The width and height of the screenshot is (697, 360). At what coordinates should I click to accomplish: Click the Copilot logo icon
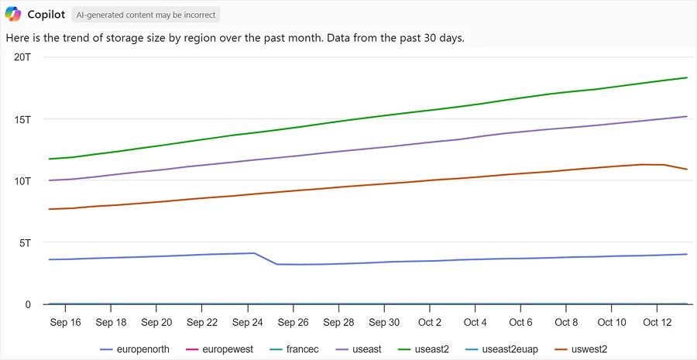(13, 14)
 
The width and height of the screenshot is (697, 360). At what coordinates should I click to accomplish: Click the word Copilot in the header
(46, 15)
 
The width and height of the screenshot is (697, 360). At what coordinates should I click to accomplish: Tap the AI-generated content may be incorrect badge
(146, 15)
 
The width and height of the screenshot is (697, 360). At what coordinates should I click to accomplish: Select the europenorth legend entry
(135, 349)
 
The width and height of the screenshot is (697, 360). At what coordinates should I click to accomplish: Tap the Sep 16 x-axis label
(65, 322)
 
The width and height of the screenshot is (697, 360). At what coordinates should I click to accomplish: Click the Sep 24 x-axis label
(247, 322)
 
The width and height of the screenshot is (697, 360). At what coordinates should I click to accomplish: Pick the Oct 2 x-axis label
(429, 322)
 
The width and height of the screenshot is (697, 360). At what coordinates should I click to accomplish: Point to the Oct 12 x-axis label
(656, 322)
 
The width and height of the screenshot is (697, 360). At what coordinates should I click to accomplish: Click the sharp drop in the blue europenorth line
(266, 259)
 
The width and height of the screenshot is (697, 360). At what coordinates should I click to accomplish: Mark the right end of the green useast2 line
(687, 77)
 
